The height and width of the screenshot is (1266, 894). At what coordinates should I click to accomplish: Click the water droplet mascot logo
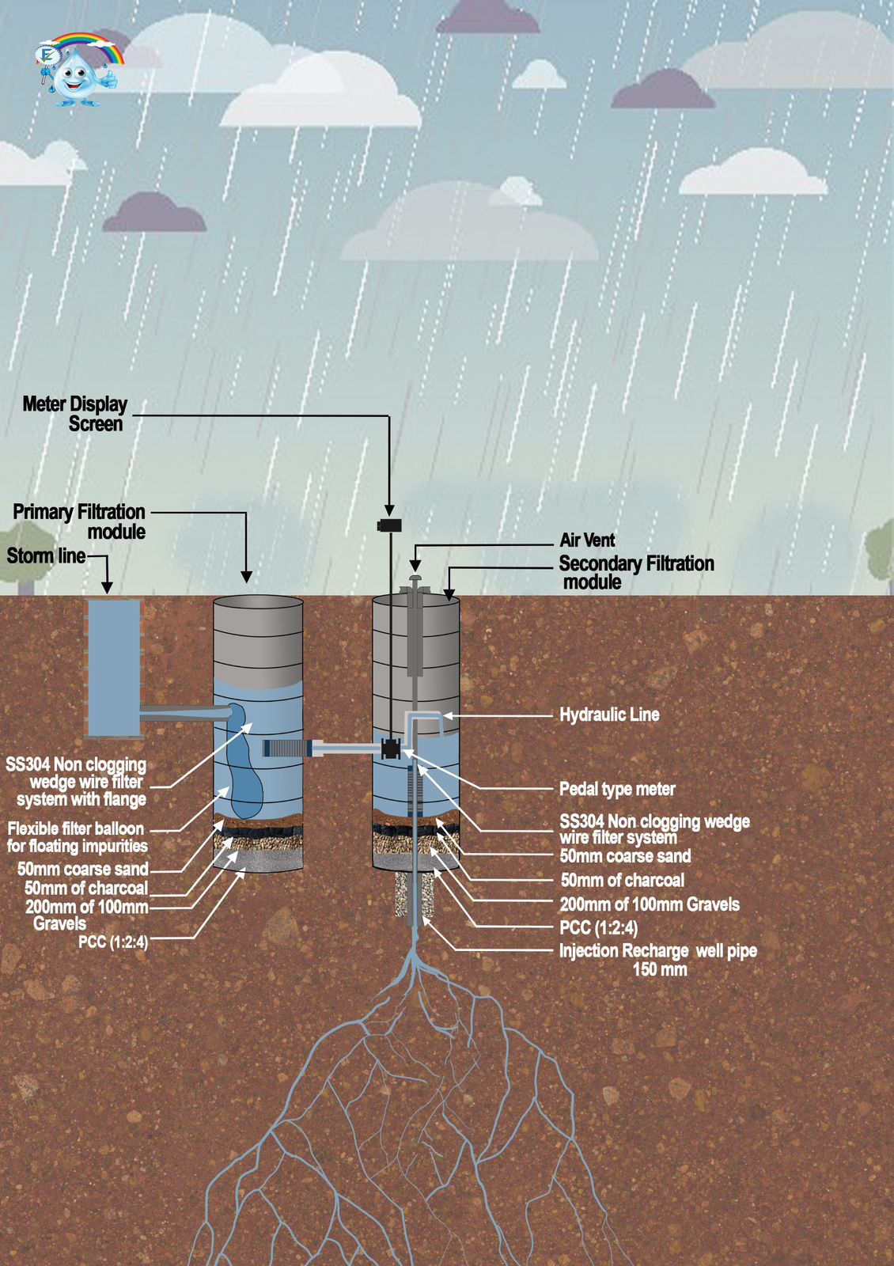78,71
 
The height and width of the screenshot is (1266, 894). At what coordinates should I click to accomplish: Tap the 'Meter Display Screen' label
75,414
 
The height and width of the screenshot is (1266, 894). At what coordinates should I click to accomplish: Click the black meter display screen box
389,525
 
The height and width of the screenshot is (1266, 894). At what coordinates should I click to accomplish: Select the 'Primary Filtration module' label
80,521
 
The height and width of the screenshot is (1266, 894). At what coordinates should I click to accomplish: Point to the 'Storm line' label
46,556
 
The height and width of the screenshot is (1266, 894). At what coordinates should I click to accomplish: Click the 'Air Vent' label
587,540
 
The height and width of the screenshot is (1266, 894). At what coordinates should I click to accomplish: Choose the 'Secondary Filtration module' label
635,573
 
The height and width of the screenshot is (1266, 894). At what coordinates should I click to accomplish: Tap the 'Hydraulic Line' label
609,715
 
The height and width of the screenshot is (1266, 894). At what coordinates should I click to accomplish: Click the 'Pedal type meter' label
617,789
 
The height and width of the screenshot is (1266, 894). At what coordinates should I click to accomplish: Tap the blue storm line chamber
114,668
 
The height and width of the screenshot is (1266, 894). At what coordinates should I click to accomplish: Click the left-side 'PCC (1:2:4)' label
113,942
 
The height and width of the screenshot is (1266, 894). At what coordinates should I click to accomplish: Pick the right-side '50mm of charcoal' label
623,881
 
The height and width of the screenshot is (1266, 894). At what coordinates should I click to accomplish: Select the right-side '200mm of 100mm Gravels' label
650,904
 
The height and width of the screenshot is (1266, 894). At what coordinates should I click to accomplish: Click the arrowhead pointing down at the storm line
107,587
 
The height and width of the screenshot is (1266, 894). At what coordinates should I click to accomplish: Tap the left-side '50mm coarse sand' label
83,869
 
